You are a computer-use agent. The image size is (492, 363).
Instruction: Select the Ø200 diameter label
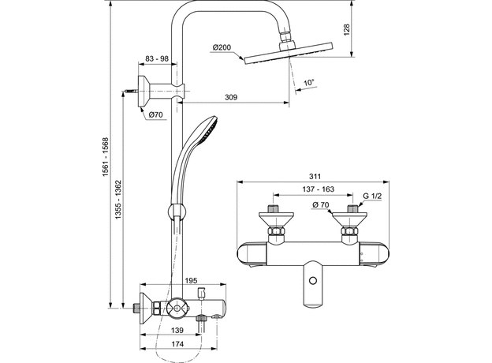[222, 48]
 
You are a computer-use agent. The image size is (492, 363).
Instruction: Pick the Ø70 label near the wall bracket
[155, 115]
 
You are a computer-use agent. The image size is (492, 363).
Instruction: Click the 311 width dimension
[315, 178]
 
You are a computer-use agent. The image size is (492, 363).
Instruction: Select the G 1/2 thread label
[372, 195]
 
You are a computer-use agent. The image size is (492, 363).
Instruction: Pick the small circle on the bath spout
[315, 281]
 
